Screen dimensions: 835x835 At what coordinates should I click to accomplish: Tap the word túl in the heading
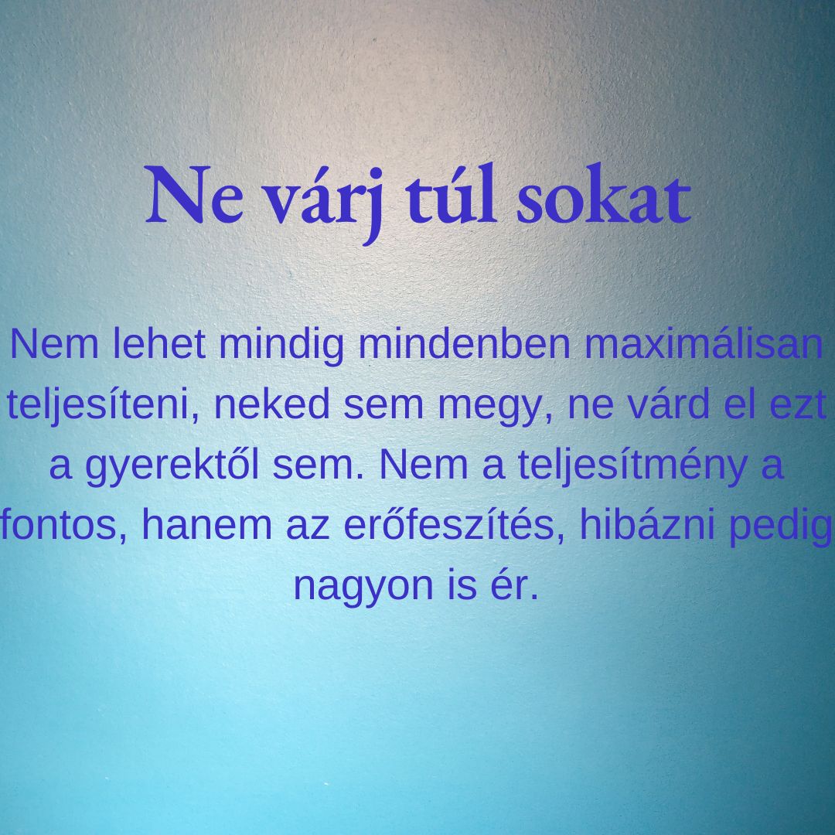451,193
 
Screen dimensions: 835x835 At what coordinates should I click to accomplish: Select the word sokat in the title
603,193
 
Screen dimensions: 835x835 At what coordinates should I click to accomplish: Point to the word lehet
159,344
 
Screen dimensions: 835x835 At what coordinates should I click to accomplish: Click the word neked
272,404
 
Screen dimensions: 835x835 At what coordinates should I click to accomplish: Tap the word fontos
63,524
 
